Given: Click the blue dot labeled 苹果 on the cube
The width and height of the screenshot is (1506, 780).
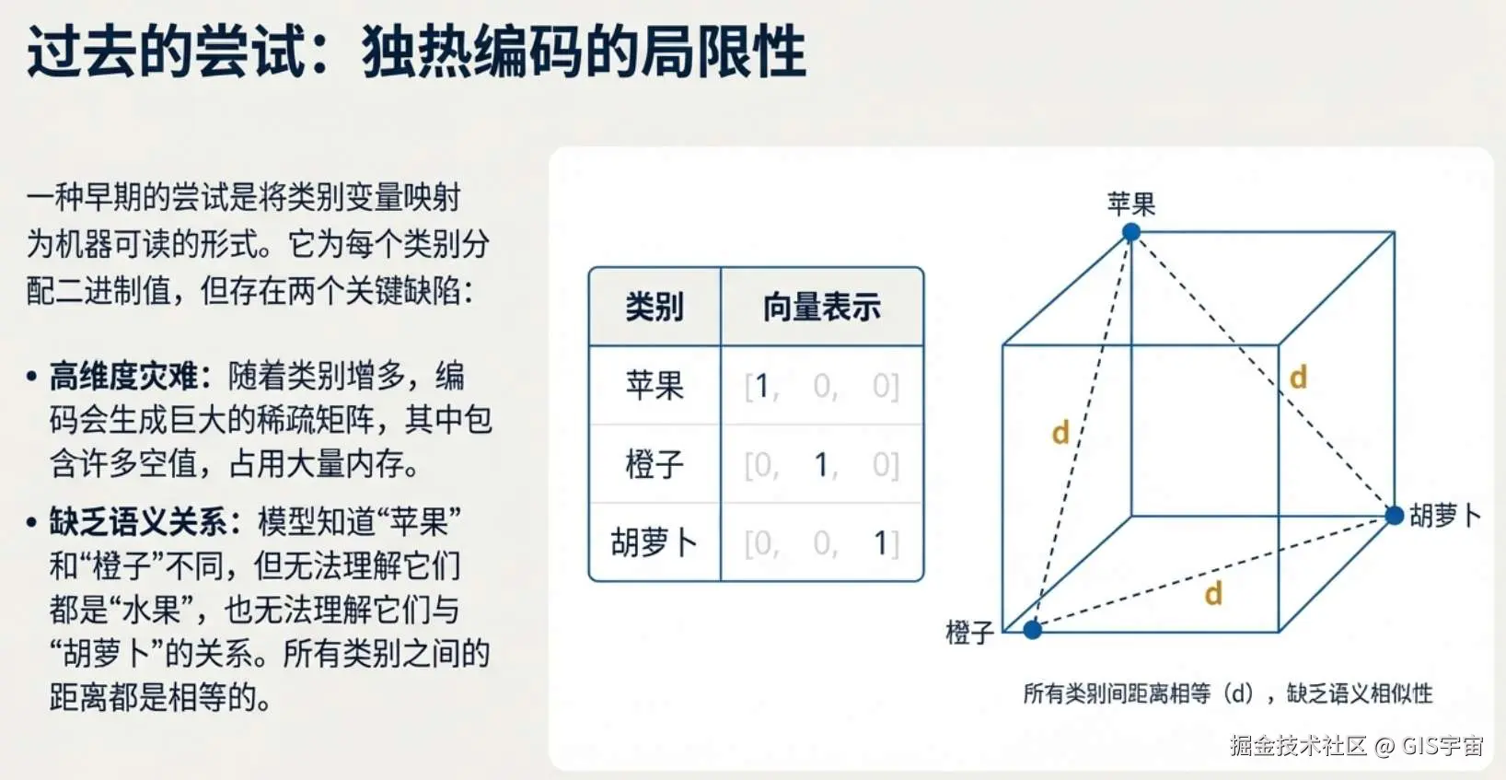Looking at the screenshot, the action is (1131, 232).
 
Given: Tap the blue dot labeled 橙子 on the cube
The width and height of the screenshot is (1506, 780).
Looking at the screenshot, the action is (1033, 630).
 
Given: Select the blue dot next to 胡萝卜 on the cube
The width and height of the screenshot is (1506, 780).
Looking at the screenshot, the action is (1395, 516).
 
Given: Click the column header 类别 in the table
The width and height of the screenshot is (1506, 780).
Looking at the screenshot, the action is (655, 308).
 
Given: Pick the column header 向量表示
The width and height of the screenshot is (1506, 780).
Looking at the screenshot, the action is (821, 308).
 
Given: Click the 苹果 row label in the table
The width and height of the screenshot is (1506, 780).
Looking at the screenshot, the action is (655, 385).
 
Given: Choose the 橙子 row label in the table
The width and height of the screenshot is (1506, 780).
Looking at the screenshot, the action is (655, 464).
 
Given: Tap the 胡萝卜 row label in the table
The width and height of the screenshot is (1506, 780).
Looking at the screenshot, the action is (655, 542).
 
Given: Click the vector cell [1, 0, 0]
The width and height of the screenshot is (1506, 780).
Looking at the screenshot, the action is (821, 386).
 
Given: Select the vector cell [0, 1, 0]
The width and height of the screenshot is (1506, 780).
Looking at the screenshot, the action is (821, 465).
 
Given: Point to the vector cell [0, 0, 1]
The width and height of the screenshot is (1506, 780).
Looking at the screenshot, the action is (821, 542).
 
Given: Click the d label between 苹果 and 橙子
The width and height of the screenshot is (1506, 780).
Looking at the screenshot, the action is (1060, 433).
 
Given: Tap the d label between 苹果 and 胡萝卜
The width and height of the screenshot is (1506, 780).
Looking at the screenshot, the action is (1298, 377).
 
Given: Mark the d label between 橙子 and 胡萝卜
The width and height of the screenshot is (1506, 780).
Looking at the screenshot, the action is (1213, 593).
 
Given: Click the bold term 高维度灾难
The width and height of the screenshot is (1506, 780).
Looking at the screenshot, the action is (123, 376).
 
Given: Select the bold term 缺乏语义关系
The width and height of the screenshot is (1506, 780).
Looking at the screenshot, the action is (138, 522).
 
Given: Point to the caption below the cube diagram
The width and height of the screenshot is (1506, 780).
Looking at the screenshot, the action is (1228, 693).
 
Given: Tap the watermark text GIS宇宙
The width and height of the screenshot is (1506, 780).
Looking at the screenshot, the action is (1442, 746).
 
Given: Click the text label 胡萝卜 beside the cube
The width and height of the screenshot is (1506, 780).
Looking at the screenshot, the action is (1445, 516).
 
